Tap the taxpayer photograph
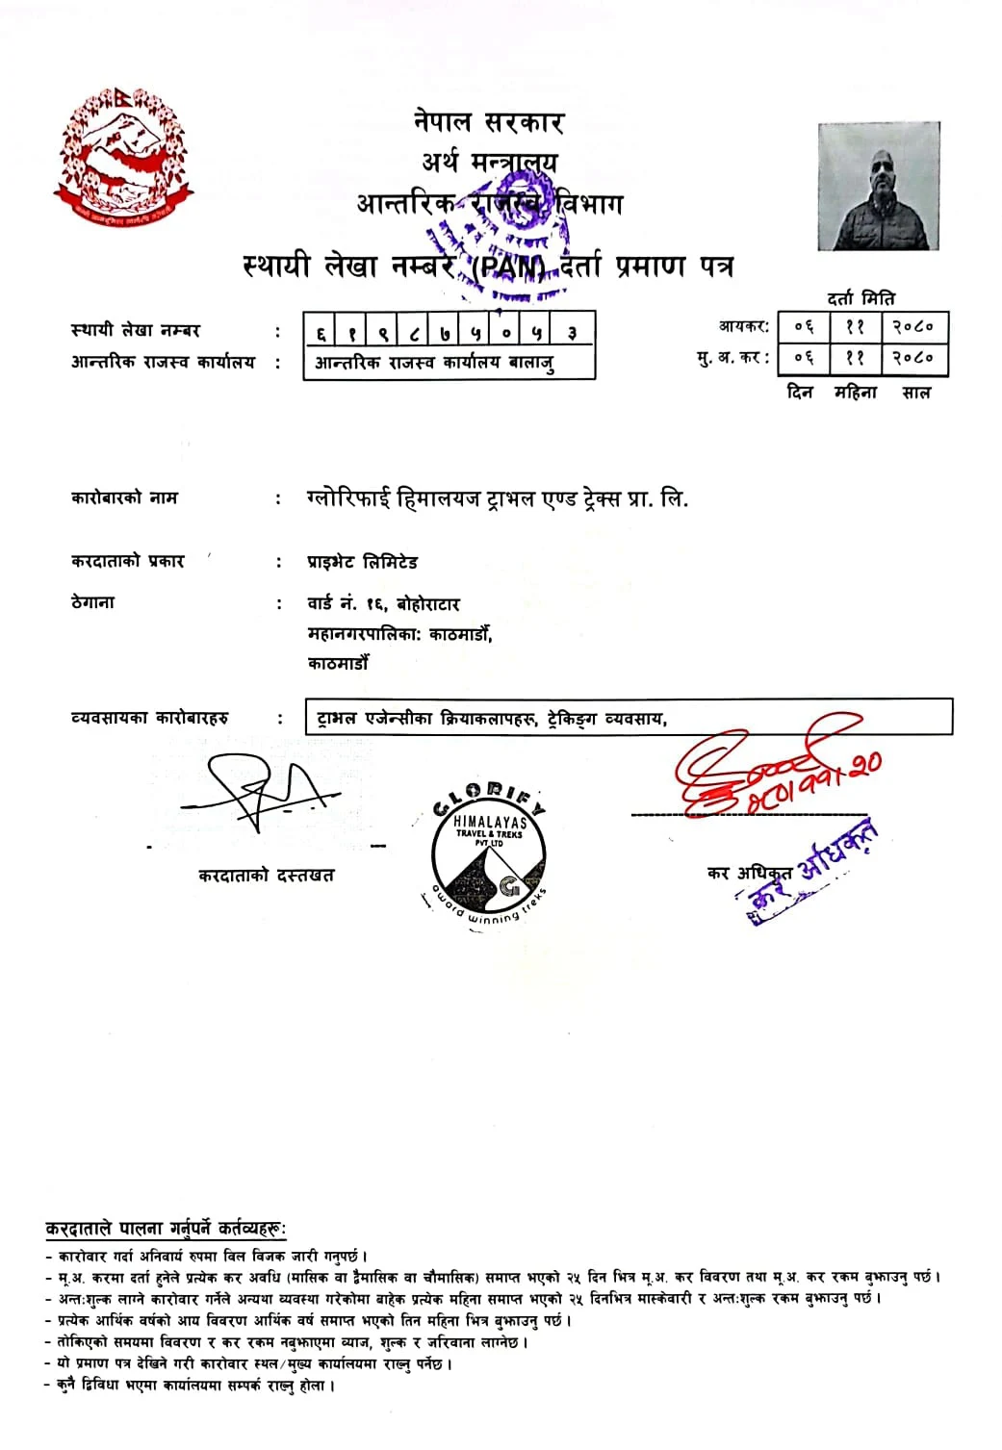click(878, 187)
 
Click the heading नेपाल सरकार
click(489, 122)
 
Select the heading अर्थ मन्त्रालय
click(489, 162)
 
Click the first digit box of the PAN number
click(321, 333)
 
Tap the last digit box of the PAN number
click(572, 333)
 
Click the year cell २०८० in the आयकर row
click(912, 327)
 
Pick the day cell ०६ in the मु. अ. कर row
click(805, 358)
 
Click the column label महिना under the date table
click(856, 393)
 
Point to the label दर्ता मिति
click(861, 298)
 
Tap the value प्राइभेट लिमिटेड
click(363, 562)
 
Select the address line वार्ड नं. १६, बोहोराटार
click(383, 604)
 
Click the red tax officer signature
click(770, 772)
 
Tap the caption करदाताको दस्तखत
click(266, 876)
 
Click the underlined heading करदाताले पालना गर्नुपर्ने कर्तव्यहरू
click(166, 1229)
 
